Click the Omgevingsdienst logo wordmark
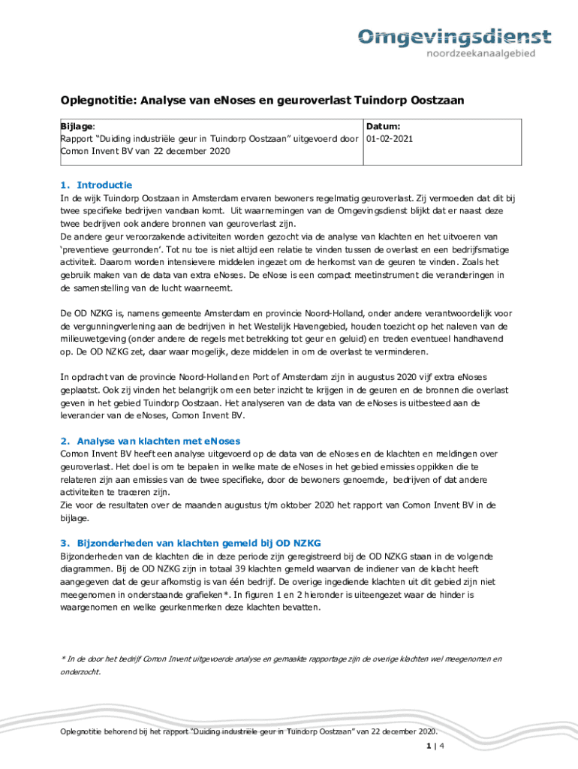point(454,38)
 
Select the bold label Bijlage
point(77,127)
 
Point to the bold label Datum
point(383,127)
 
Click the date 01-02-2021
point(390,139)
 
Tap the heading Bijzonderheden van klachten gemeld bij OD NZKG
point(199,542)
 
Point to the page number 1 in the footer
point(427,746)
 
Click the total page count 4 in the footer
point(442,746)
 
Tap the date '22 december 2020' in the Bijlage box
point(193,151)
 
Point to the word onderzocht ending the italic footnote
point(79,672)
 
